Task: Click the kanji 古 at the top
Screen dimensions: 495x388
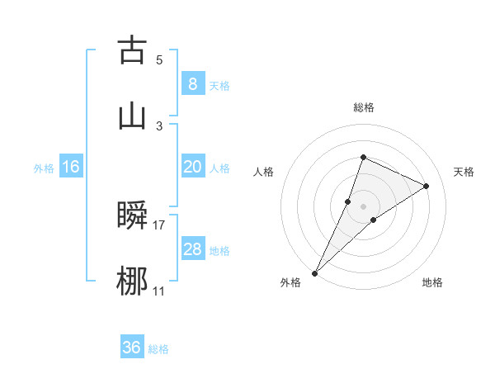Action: pyautogui.click(x=132, y=50)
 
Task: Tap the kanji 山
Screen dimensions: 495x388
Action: pyautogui.click(x=132, y=116)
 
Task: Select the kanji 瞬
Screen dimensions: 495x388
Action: pyautogui.click(x=132, y=215)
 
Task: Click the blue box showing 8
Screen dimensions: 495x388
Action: pyautogui.click(x=192, y=84)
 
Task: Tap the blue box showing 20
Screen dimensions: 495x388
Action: pyautogui.click(x=192, y=167)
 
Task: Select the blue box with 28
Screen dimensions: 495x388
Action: pyautogui.click(x=192, y=249)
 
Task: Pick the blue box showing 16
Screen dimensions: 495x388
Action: pyautogui.click(x=71, y=167)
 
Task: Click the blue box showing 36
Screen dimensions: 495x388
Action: pyautogui.click(x=132, y=348)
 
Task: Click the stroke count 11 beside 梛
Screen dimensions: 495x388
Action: pyautogui.click(x=159, y=291)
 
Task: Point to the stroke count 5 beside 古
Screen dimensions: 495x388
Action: pyautogui.click(x=159, y=59)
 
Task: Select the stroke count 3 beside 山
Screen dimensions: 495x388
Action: pyautogui.click(x=159, y=125)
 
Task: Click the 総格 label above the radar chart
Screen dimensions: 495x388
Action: pyautogui.click(x=364, y=107)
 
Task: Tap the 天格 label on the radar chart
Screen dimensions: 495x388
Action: pyautogui.click(x=464, y=172)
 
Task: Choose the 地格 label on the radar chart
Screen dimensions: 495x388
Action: pyautogui.click(x=432, y=282)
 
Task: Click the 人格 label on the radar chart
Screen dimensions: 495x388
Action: pyautogui.click(x=264, y=172)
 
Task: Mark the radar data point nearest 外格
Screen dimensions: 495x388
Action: pyautogui.click(x=315, y=272)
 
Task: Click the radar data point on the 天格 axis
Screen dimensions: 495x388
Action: pyautogui.click(x=427, y=186)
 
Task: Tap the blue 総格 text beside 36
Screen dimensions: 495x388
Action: pyautogui.click(x=158, y=349)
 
